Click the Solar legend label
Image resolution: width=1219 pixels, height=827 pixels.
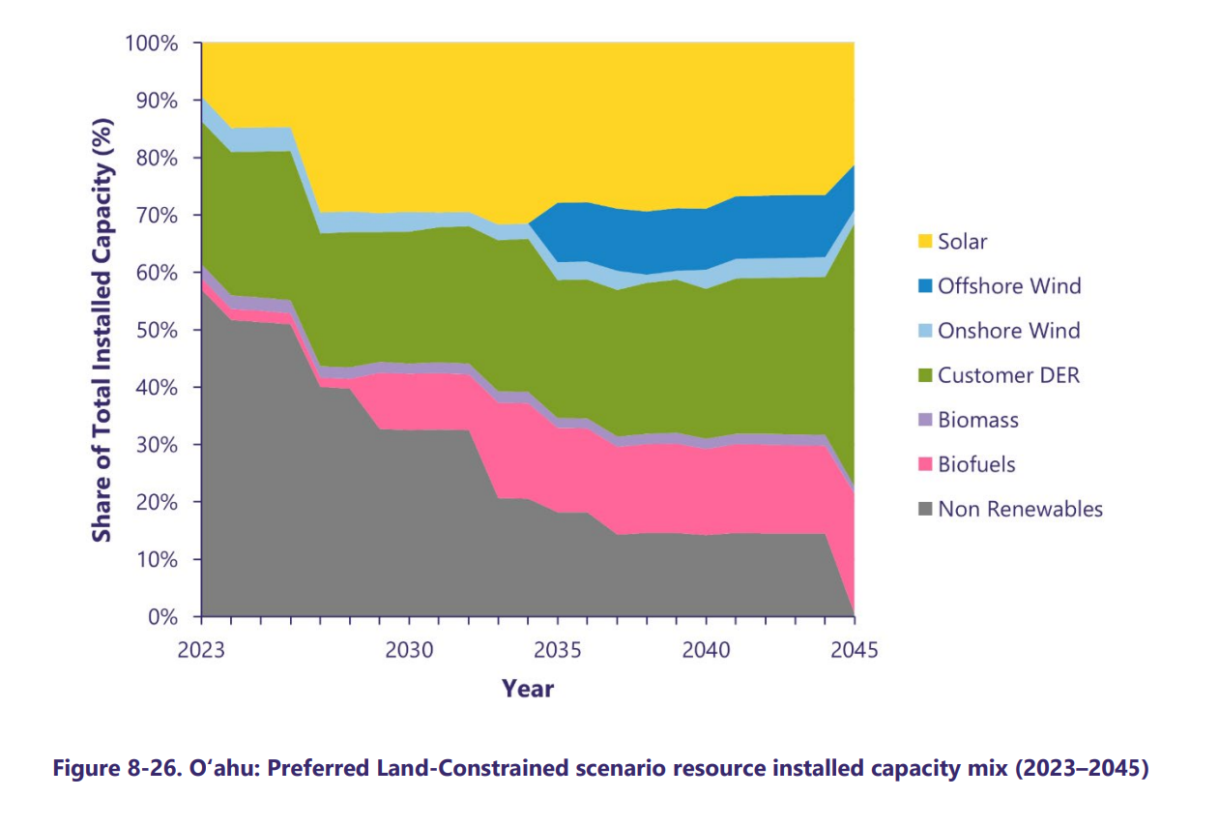(x=962, y=242)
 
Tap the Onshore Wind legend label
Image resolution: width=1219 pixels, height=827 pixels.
(x=1008, y=331)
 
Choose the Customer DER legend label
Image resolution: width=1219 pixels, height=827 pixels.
(x=1008, y=375)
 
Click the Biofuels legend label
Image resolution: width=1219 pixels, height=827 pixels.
(x=976, y=464)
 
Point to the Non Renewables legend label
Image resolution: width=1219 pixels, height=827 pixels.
(x=1020, y=509)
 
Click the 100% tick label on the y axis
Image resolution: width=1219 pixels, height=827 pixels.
(x=152, y=44)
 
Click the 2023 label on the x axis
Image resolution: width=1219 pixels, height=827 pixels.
(x=201, y=649)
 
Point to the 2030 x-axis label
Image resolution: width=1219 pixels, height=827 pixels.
(x=409, y=649)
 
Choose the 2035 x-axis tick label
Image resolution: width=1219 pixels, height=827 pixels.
(x=557, y=649)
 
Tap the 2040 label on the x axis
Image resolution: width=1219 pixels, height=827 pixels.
(x=706, y=649)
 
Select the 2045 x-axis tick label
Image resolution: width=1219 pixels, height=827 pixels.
(x=855, y=649)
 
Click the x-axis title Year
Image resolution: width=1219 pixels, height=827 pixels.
(x=528, y=689)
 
